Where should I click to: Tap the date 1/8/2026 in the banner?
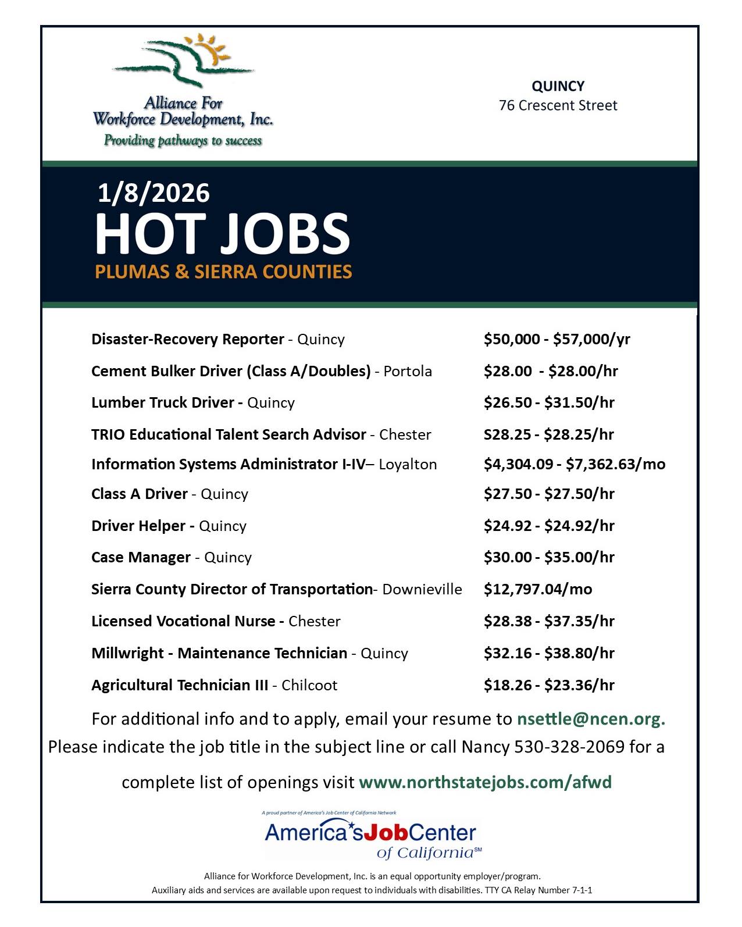[x=154, y=193]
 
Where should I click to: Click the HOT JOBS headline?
[x=222, y=234]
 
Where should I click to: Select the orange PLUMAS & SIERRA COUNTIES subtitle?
[x=224, y=272]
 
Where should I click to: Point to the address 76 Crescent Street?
[x=558, y=106]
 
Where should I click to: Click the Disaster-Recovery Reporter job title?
[x=187, y=339]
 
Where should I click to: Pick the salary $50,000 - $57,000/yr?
[x=556, y=339]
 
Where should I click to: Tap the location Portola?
[x=408, y=372]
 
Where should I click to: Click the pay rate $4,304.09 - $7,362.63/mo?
[x=574, y=464]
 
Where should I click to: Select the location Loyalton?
[x=408, y=464]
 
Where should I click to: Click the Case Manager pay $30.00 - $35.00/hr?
[x=548, y=557]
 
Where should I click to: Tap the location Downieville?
[x=422, y=590]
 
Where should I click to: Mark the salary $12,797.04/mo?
[x=537, y=590]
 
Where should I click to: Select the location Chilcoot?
[x=309, y=685]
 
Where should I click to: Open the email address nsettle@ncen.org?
[x=590, y=719]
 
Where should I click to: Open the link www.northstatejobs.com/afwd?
[x=485, y=782]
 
